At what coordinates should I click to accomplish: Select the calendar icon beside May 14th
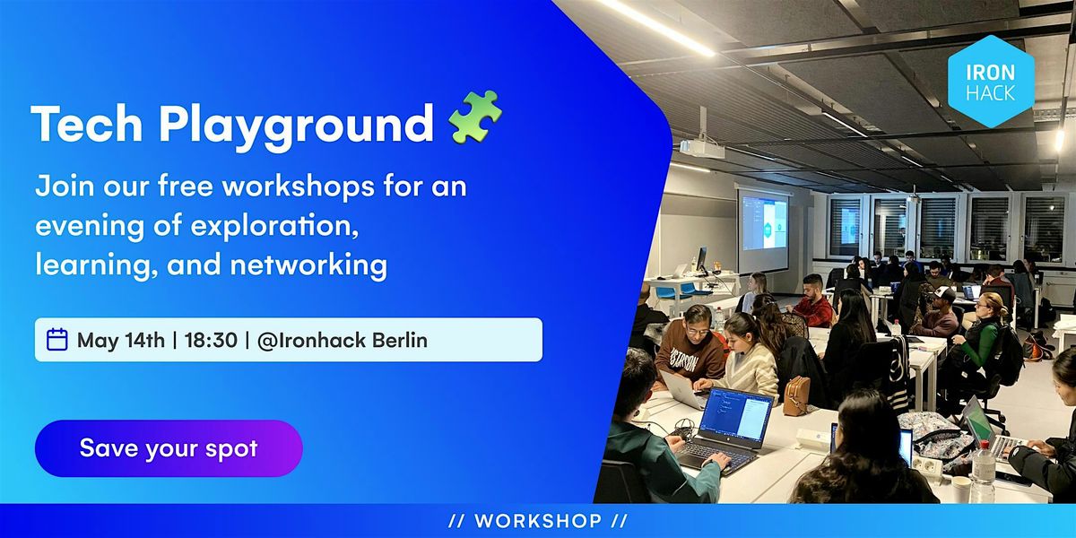click(57, 340)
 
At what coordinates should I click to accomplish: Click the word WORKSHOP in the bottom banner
click(537, 521)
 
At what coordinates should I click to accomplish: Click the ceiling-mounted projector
click(702, 148)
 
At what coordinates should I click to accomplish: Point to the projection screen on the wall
click(763, 229)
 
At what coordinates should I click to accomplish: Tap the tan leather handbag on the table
click(796, 395)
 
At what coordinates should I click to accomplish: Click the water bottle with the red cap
click(984, 472)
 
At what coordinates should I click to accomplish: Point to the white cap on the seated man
click(941, 293)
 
